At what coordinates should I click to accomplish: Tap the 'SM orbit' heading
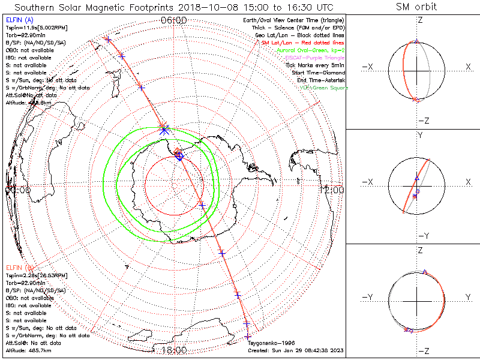pos(416,7)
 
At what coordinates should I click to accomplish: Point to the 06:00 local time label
pos(174,20)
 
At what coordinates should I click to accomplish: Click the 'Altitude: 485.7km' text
pos(29,349)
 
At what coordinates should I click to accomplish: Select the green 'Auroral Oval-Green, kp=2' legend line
pos(311,51)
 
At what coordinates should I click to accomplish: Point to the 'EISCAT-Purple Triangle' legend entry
pos(315,58)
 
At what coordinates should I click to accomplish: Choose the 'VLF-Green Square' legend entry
pos(324,88)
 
